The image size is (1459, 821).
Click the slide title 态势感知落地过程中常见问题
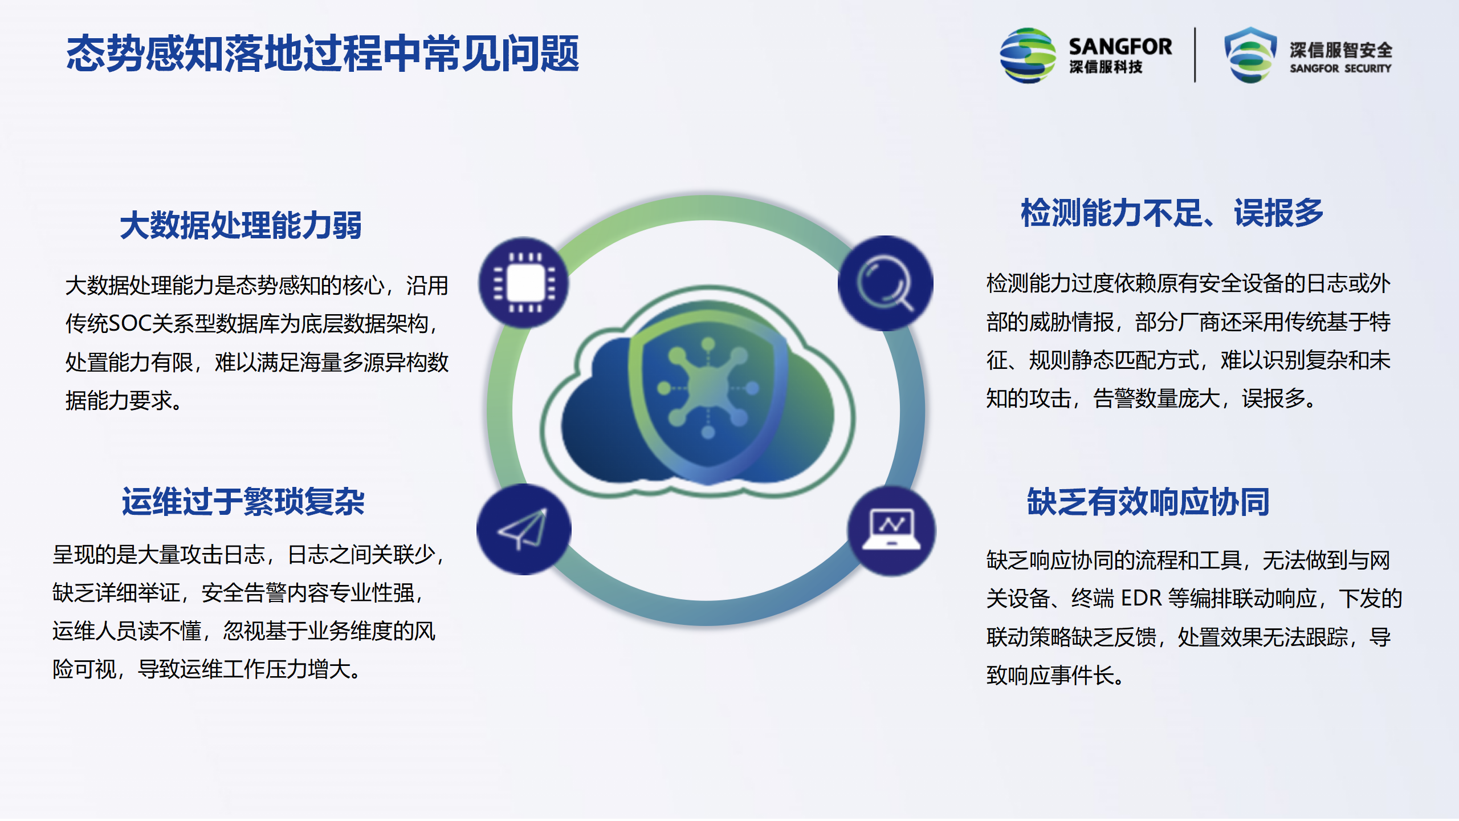click(x=323, y=54)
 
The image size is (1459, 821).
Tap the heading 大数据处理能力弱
click(x=241, y=225)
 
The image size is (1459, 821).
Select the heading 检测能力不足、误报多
click(x=1172, y=213)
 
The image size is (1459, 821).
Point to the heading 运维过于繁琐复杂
click(x=243, y=502)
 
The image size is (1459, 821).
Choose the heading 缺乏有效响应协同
click(x=1148, y=502)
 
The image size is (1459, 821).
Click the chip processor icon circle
click(x=524, y=283)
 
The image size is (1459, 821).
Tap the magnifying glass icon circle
click(x=885, y=283)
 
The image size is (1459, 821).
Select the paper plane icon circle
click(x=524, y=529)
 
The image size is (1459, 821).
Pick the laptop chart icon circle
click(x=891, y=530)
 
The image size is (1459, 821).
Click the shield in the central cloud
click(x=708, y=393)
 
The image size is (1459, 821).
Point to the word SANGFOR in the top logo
click(x=1120, y=46)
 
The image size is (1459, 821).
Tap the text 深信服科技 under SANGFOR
click(x=1106, y=67)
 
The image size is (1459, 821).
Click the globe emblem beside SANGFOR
click(x=1028, y=55)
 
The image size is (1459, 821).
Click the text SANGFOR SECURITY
click(x=1340, y=68)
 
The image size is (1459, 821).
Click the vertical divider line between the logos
click(x=1195, y=55)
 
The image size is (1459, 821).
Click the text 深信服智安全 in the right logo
click(x=1341, y=50)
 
